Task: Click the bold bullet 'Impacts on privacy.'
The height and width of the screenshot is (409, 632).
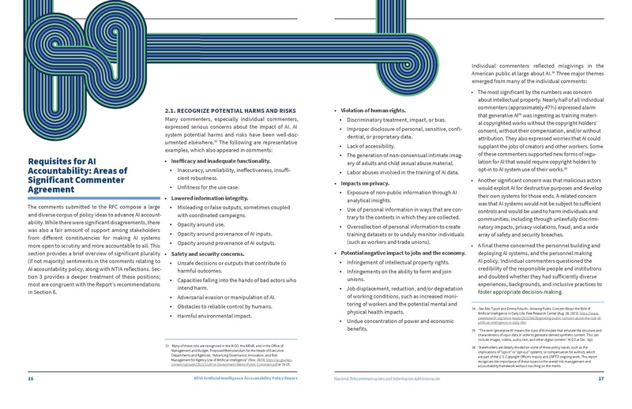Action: (363, 182)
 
